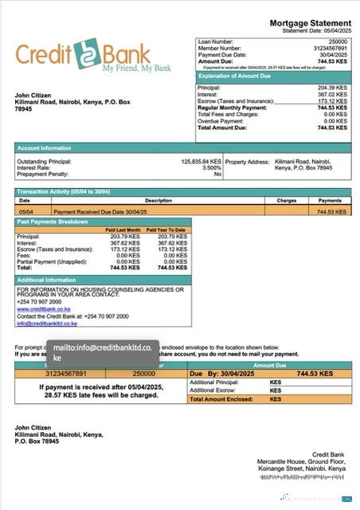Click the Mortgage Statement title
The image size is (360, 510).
310,24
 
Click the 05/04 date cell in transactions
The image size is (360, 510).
25,212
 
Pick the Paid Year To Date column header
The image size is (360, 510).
166,229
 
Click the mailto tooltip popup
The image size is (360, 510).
103,353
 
